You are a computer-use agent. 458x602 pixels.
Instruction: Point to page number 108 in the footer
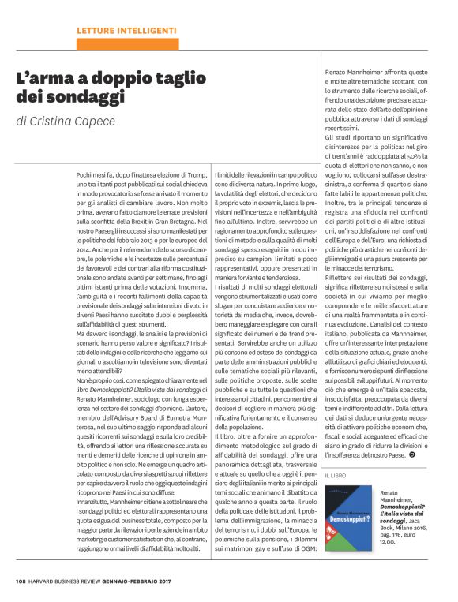tap(21, 583)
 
